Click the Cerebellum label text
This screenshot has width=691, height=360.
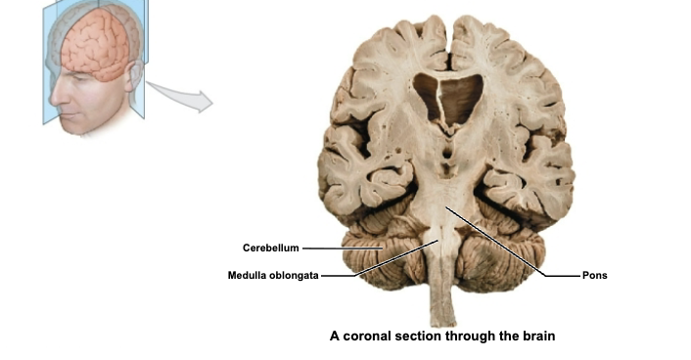click(271, 247)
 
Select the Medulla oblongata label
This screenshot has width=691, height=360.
click(273, 275)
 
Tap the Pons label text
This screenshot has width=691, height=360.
click(594, 275)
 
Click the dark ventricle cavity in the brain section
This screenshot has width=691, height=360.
click(448, 98)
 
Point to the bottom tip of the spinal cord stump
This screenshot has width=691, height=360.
click(444, 324)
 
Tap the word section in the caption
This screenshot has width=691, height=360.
click(425, 337)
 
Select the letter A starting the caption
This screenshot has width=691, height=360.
click(335, 337)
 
